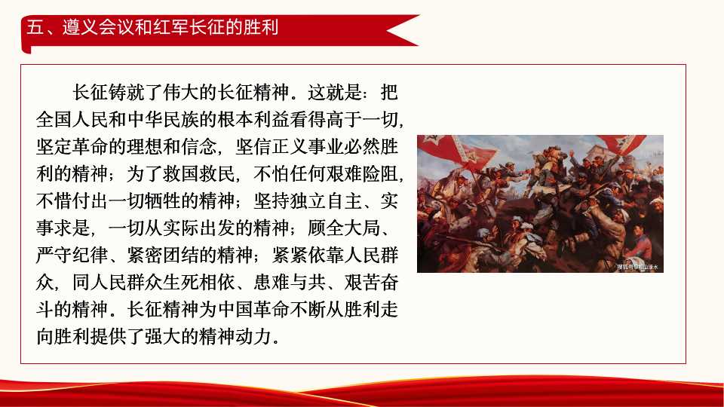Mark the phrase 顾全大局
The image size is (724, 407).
(357, 228)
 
